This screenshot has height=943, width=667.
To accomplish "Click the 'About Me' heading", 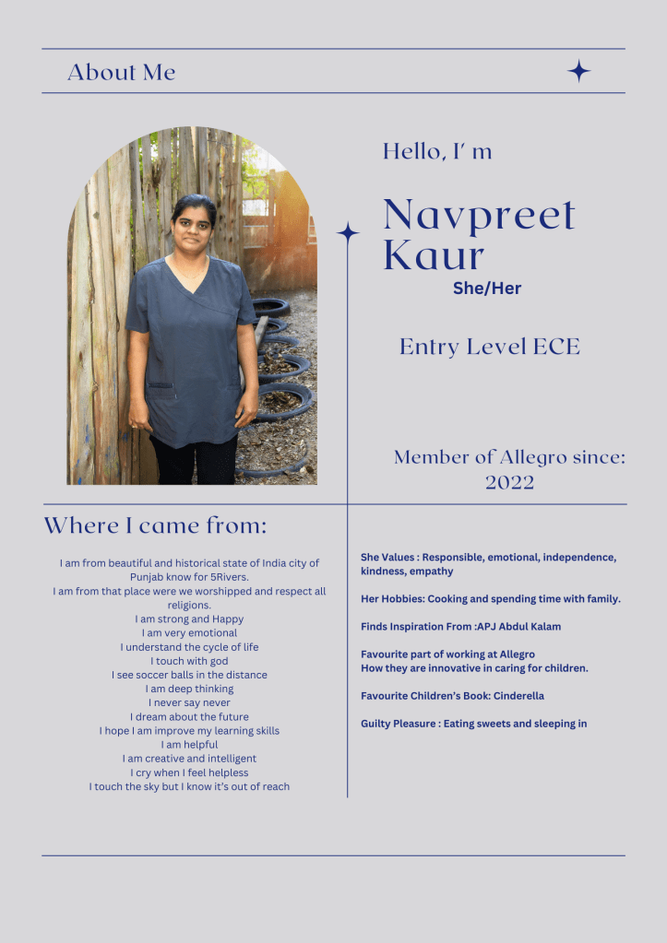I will pyautogui.click(x=121, y=72).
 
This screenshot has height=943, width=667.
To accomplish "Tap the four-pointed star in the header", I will pyautogui.click(x=578, y=71).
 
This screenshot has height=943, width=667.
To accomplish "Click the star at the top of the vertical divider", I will pyautogui.click(x=348, y=233).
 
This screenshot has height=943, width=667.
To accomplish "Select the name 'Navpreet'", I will pyautogui.click(x=479, y=215).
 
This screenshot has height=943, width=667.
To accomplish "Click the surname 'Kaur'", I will pyautogui.click(x=434, y=255).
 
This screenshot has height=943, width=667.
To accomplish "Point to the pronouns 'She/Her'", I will pyautogui.click(x=487, y=289).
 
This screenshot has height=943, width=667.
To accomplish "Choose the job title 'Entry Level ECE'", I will pyautogui.click(x=490, y=347).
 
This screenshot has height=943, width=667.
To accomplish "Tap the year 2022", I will pyautogui.click(x=509, y=482).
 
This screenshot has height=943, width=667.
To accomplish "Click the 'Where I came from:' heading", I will pyautogui.click(x=155, y=525).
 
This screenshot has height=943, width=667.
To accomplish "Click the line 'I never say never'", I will pyautogui.click(x=189, y=702).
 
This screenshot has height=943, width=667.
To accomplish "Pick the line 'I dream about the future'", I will pyautogui.click(x=189, y=716).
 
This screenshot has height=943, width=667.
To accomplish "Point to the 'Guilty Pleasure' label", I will pyautogui.click(x=398, y=724).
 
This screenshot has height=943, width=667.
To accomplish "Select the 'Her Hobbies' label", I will pyautogui.click(x=391, y=599).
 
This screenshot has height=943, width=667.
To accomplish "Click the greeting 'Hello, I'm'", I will pyautogui.click(x=437, y=151).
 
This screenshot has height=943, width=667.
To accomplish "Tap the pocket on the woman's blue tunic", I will pyautogui.click(x=161, y=390).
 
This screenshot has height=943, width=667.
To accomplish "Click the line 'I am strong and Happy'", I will pyautogui.click(x=189, y=619).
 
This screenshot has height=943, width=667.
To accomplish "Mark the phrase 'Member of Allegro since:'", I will pyautogui.click(x=509, y=457).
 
